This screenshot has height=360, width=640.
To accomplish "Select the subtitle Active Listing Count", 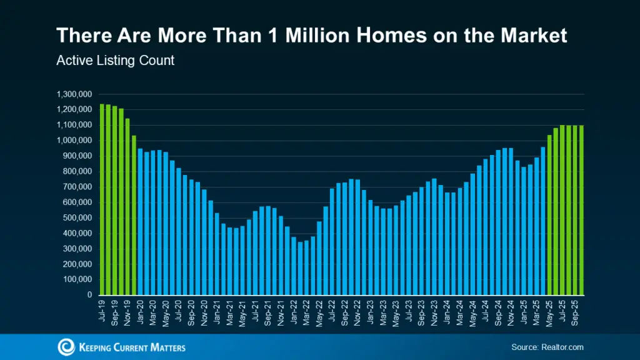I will click(x=115, y=61).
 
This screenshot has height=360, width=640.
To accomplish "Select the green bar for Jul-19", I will click(x=102, y=200).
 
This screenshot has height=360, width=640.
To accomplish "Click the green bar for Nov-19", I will click(x=127, y=207).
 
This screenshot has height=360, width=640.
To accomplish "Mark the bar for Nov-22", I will click(x=357, y=237).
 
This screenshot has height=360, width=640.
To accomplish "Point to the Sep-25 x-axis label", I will click(x=575, y=312).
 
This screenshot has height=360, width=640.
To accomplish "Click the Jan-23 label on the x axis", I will click(x=370, y=312).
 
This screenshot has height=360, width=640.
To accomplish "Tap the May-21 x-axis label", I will click(x=242, y=312).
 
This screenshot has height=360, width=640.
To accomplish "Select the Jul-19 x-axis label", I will click(x=102, y=312).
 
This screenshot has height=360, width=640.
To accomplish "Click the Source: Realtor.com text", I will click(x=546, y=347).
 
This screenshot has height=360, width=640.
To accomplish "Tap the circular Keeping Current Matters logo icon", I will click(x=66, y=347).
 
